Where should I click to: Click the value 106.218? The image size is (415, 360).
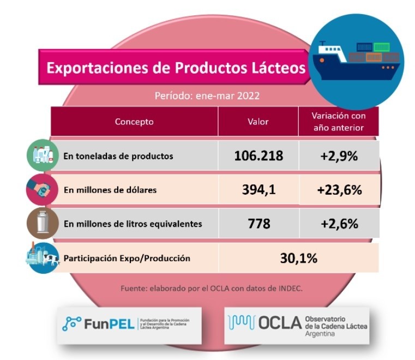click(258, 156)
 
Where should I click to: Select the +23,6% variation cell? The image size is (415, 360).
click(339, 190)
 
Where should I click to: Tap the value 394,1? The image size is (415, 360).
click(258, 190)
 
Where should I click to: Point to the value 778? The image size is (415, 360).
click(258, 224)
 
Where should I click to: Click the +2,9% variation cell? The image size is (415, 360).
click(339, 156)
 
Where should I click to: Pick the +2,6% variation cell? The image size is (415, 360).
click(339, 224)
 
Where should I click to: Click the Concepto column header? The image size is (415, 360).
click(134, 122)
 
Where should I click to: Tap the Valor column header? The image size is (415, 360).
click(258, 122)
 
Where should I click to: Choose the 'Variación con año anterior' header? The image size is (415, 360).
click(338, 122)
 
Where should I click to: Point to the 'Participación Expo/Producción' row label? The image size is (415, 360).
click(127, 258)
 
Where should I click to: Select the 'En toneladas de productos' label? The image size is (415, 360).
click(118, 156)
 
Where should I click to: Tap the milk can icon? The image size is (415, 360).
click(42, 224)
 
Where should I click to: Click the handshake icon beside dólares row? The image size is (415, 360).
click(42, 190)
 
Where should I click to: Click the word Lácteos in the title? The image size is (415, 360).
click(276, 68)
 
